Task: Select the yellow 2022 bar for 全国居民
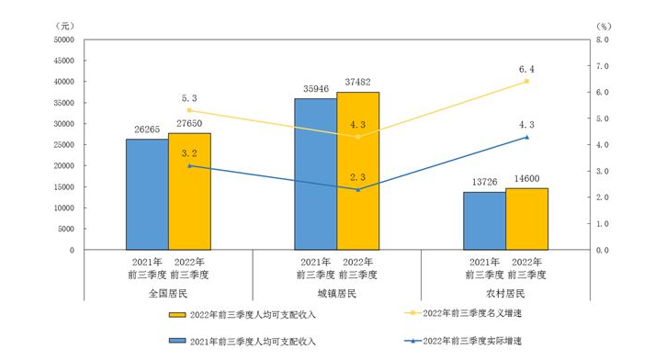click(189, 192)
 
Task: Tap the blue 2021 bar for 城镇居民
click(315, 174)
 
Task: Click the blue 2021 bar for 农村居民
click(484, 221)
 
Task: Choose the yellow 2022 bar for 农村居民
click(526, 219)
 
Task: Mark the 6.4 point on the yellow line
click(526, 81)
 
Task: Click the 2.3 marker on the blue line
click(357, 189)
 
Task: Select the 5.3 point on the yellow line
click(189, 110)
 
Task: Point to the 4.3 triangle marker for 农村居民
click(526, 137)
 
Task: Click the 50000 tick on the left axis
click(63, 39)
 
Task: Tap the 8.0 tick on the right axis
click(602, 40)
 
